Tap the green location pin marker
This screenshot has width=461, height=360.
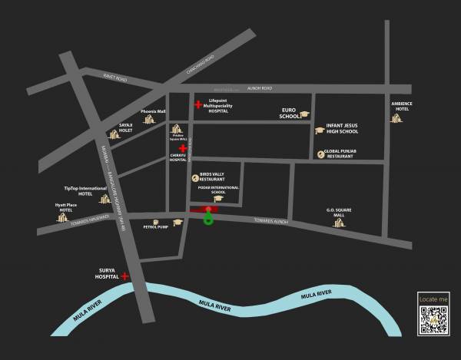(x=208, y=220)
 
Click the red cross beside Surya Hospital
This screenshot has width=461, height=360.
(x=124, y=276)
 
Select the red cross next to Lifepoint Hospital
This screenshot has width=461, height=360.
(x=198, y=104)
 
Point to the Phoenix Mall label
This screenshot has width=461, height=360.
(x=153, y=111)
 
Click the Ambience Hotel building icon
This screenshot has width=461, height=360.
(x=396, y=117)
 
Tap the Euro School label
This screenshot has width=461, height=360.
(x=289, y=114)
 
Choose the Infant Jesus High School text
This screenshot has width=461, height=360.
(x=347, y=127)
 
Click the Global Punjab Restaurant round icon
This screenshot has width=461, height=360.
(x=320, y=154)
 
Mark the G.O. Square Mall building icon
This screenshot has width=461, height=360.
(x=338, y=223)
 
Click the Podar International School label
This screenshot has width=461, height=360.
(x=218, y=190)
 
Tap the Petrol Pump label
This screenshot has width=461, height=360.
(x=155, y=227)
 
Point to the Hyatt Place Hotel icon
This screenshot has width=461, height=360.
(x=63, y=218)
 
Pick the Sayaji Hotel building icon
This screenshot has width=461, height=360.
(x=114, y=134)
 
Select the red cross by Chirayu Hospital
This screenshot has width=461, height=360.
(x=183, y=148)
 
